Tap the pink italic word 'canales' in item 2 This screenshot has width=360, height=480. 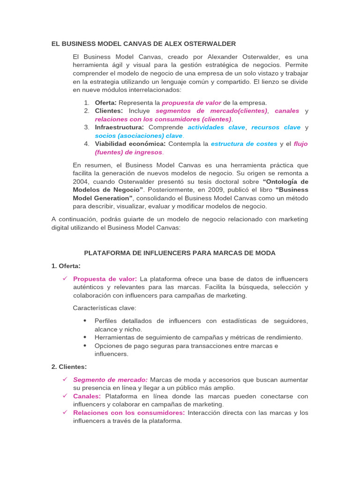[287, 111]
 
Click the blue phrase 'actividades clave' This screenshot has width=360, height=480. [216, 127]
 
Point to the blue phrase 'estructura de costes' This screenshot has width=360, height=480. [243, 144]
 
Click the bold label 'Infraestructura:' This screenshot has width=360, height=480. [119, 127]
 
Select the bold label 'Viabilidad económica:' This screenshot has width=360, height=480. [130, 144]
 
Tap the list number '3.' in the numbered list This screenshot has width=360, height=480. [87, 127]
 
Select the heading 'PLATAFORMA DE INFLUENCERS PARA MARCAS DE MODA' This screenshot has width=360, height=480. [180, 253]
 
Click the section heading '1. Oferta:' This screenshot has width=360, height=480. [66, 266]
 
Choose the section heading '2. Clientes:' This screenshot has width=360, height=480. [69, 367]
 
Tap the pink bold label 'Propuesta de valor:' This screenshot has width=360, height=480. [105, 279]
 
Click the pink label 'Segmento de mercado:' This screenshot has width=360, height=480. [110, 380]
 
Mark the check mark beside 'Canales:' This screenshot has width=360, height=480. [65, 396]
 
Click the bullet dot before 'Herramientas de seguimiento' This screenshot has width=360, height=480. [85, 337]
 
